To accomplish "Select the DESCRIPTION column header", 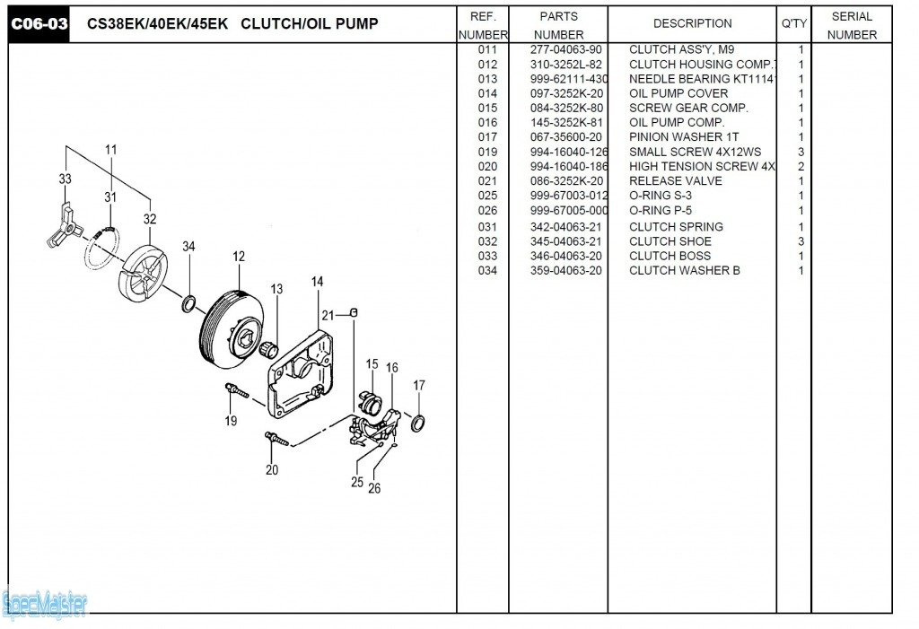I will (692, 23).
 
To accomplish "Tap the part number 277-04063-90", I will (565, 50).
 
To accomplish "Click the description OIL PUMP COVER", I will (678, 93).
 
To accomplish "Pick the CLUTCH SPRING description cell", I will (676, 227).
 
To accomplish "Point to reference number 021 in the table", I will (487, 181).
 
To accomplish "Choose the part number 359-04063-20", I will (565, 271).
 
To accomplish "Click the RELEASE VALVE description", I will (675, 181).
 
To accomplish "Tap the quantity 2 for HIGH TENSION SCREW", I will (801, 167).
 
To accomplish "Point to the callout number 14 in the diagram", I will (318, 282).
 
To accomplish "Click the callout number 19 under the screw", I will (231, 420).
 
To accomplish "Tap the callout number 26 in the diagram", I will (374, 488).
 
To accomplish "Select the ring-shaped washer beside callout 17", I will (418, 422).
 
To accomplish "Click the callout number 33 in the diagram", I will (66, 179).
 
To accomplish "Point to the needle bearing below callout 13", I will (268, 346).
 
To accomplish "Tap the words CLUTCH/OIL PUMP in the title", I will (310, 24).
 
